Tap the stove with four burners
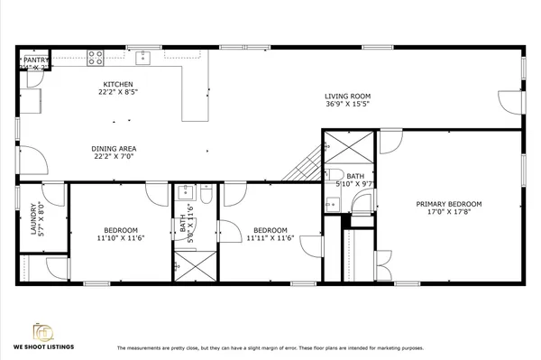(96, 58)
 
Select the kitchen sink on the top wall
(142, 59)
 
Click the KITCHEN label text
(117, 85)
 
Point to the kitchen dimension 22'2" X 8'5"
(117, 92)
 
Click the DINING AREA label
(115, 149)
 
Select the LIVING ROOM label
(347, 96)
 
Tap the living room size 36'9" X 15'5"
(347, 104)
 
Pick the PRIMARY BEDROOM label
(448, 204)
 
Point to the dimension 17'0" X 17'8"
(448, 213)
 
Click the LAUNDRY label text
(33, 217)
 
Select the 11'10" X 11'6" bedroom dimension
(120, 238)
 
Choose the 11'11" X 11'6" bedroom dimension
(267, 238)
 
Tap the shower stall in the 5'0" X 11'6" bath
(196, 265)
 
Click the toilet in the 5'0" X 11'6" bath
(206, 194)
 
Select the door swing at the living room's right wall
(511, 100)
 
